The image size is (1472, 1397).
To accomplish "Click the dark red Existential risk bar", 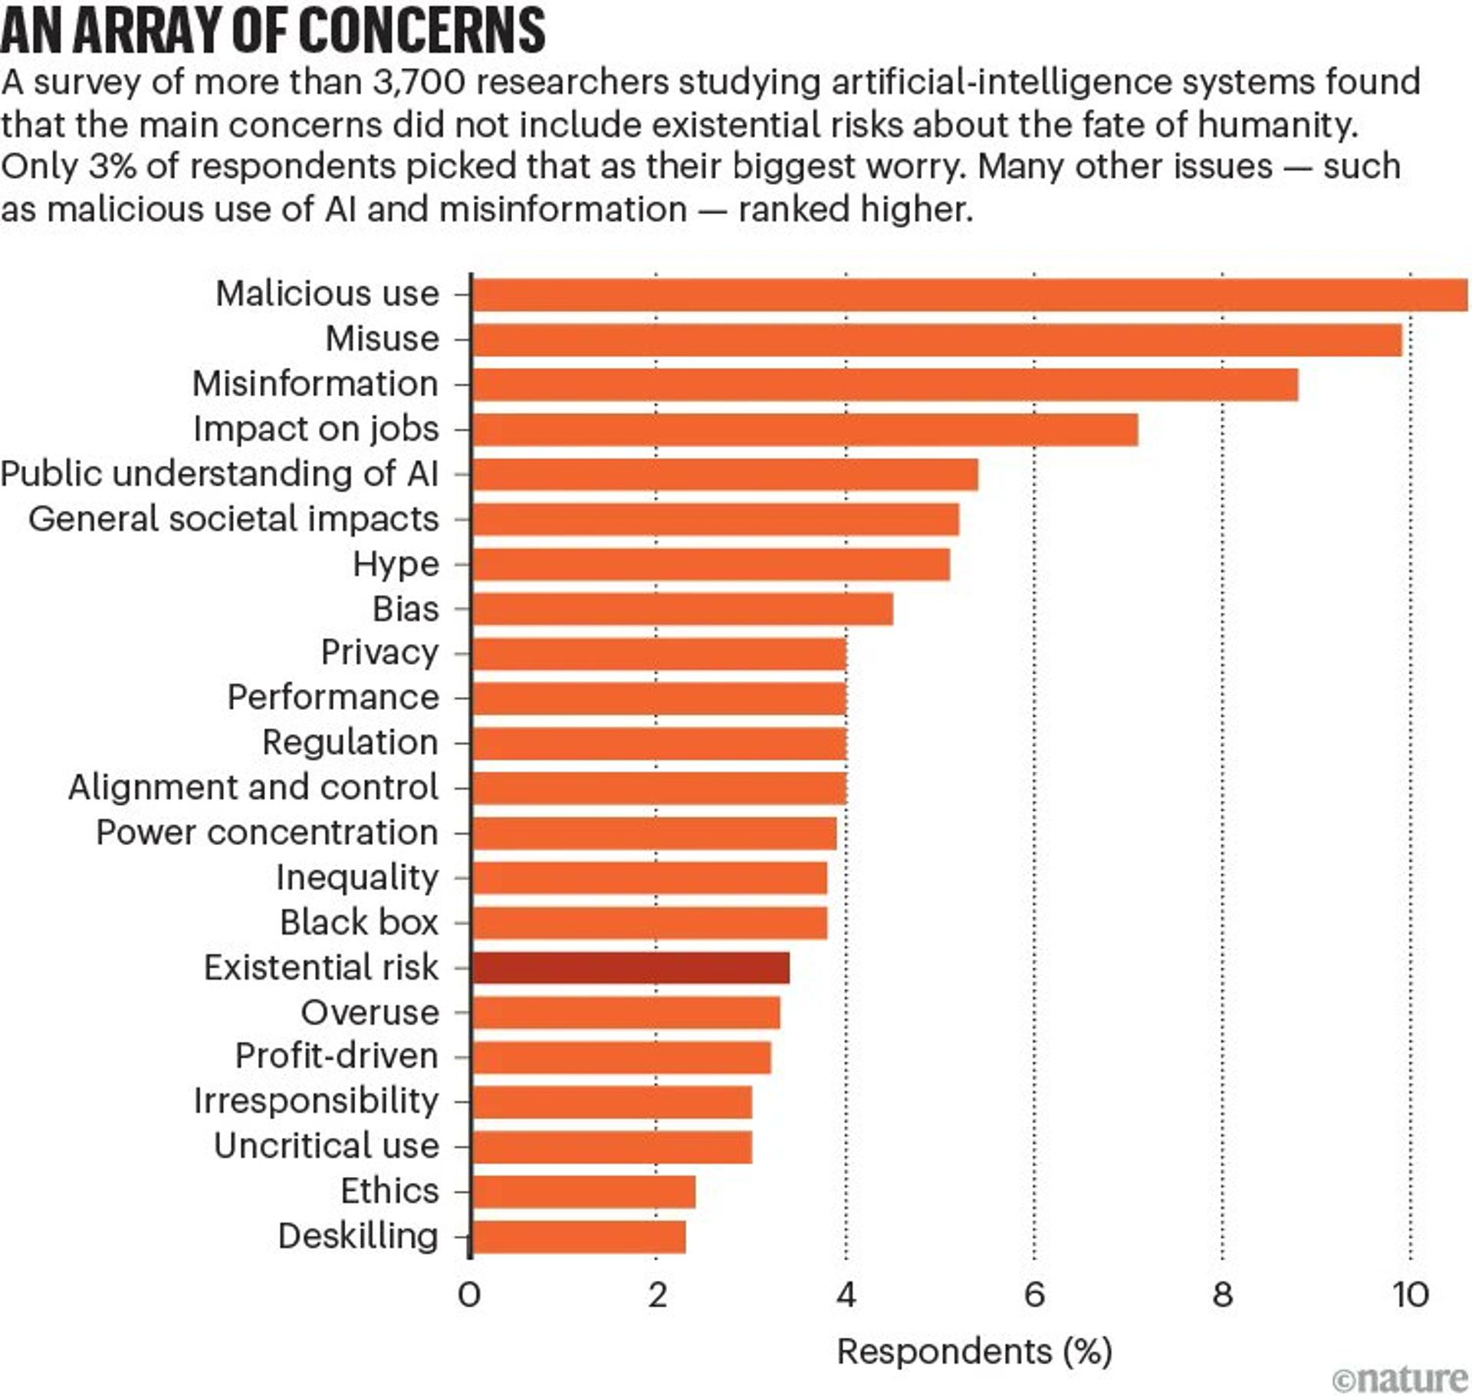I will pos(630,967).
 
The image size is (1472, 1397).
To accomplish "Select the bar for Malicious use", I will pos(969,294).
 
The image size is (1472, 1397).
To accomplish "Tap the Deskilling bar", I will pos(578,1237).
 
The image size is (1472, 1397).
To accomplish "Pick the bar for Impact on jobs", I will pos(804,429).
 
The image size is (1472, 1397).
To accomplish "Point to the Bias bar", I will pos(682,609).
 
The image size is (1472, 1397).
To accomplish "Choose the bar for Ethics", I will pos(583,1192).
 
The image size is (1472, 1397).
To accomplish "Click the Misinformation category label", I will pos(315,383).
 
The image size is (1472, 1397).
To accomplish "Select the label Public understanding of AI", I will pos(219,474).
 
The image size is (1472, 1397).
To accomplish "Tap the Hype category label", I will pos(396,564).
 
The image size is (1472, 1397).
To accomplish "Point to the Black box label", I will pos(359,922).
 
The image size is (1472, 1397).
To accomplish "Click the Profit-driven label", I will pos(337,1056).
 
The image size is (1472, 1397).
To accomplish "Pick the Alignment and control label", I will pos(253,787).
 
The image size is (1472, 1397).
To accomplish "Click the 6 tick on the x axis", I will pos(1034,1295).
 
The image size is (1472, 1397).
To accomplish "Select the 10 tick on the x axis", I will pos(1411,1295).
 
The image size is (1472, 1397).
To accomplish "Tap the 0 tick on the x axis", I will pos(469,1295).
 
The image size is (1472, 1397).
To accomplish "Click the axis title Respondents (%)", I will pos(974,1351).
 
